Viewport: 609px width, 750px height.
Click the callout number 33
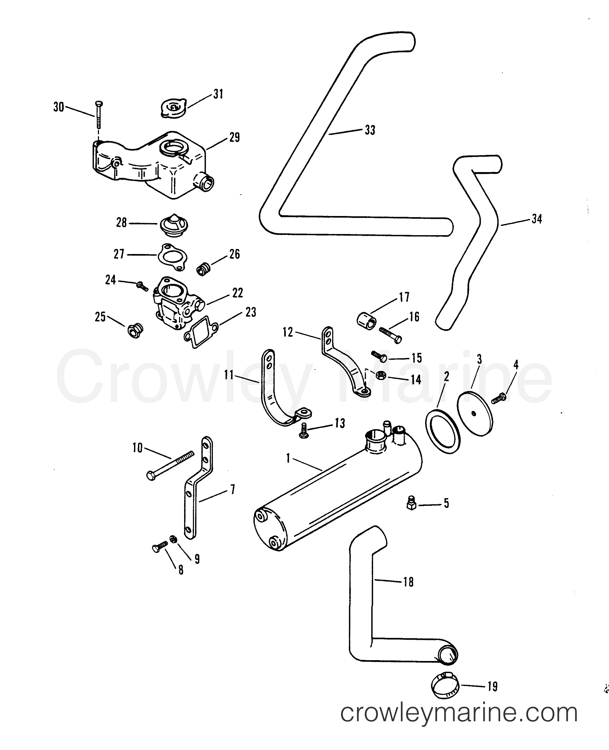[370, 130]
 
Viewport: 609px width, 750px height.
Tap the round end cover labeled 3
[475, 414]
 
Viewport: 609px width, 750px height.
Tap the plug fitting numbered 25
[134, 330]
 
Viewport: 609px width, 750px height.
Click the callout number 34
[537, 219]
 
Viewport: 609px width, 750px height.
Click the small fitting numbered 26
[202, 270]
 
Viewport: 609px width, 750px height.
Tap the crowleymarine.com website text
[459, 723]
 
